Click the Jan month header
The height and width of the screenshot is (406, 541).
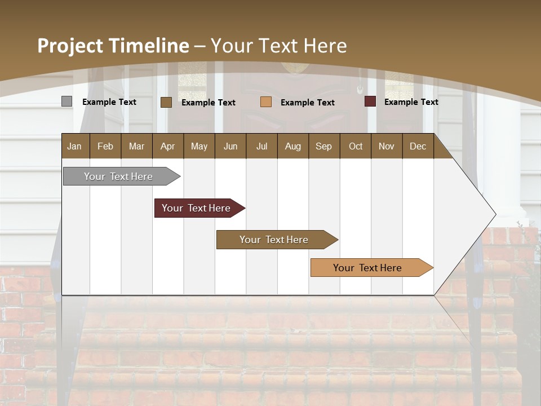coord(74,146)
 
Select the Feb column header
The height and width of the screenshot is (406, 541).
coord(105,146)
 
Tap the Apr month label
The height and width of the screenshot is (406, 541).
coord(167,146)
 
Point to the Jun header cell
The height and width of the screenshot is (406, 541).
coord(230,146)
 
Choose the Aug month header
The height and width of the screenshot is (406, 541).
coord(292,146)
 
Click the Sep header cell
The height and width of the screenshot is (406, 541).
coord(323,146)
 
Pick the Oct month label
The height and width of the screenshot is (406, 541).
coord(356,146)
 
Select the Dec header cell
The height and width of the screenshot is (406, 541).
coord(418,146)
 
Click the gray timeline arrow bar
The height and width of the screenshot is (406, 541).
coord(119,176)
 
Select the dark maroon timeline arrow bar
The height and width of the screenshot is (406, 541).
coord(196,208)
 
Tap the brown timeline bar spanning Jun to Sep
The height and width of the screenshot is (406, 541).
coord(274,240)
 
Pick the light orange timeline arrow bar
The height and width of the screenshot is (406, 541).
coord(367,268)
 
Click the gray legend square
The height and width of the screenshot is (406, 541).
coord(66,101)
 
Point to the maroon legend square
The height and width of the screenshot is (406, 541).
coord(370,101)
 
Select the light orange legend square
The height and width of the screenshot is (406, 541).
coord(266,102)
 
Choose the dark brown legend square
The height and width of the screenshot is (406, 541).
coord(166,102)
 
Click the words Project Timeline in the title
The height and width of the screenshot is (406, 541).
coord(113,46)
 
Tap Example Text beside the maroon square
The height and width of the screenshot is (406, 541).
coord(411,102)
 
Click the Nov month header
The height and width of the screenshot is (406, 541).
coord(386,146)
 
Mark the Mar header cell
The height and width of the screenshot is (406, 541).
coord(136,146)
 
